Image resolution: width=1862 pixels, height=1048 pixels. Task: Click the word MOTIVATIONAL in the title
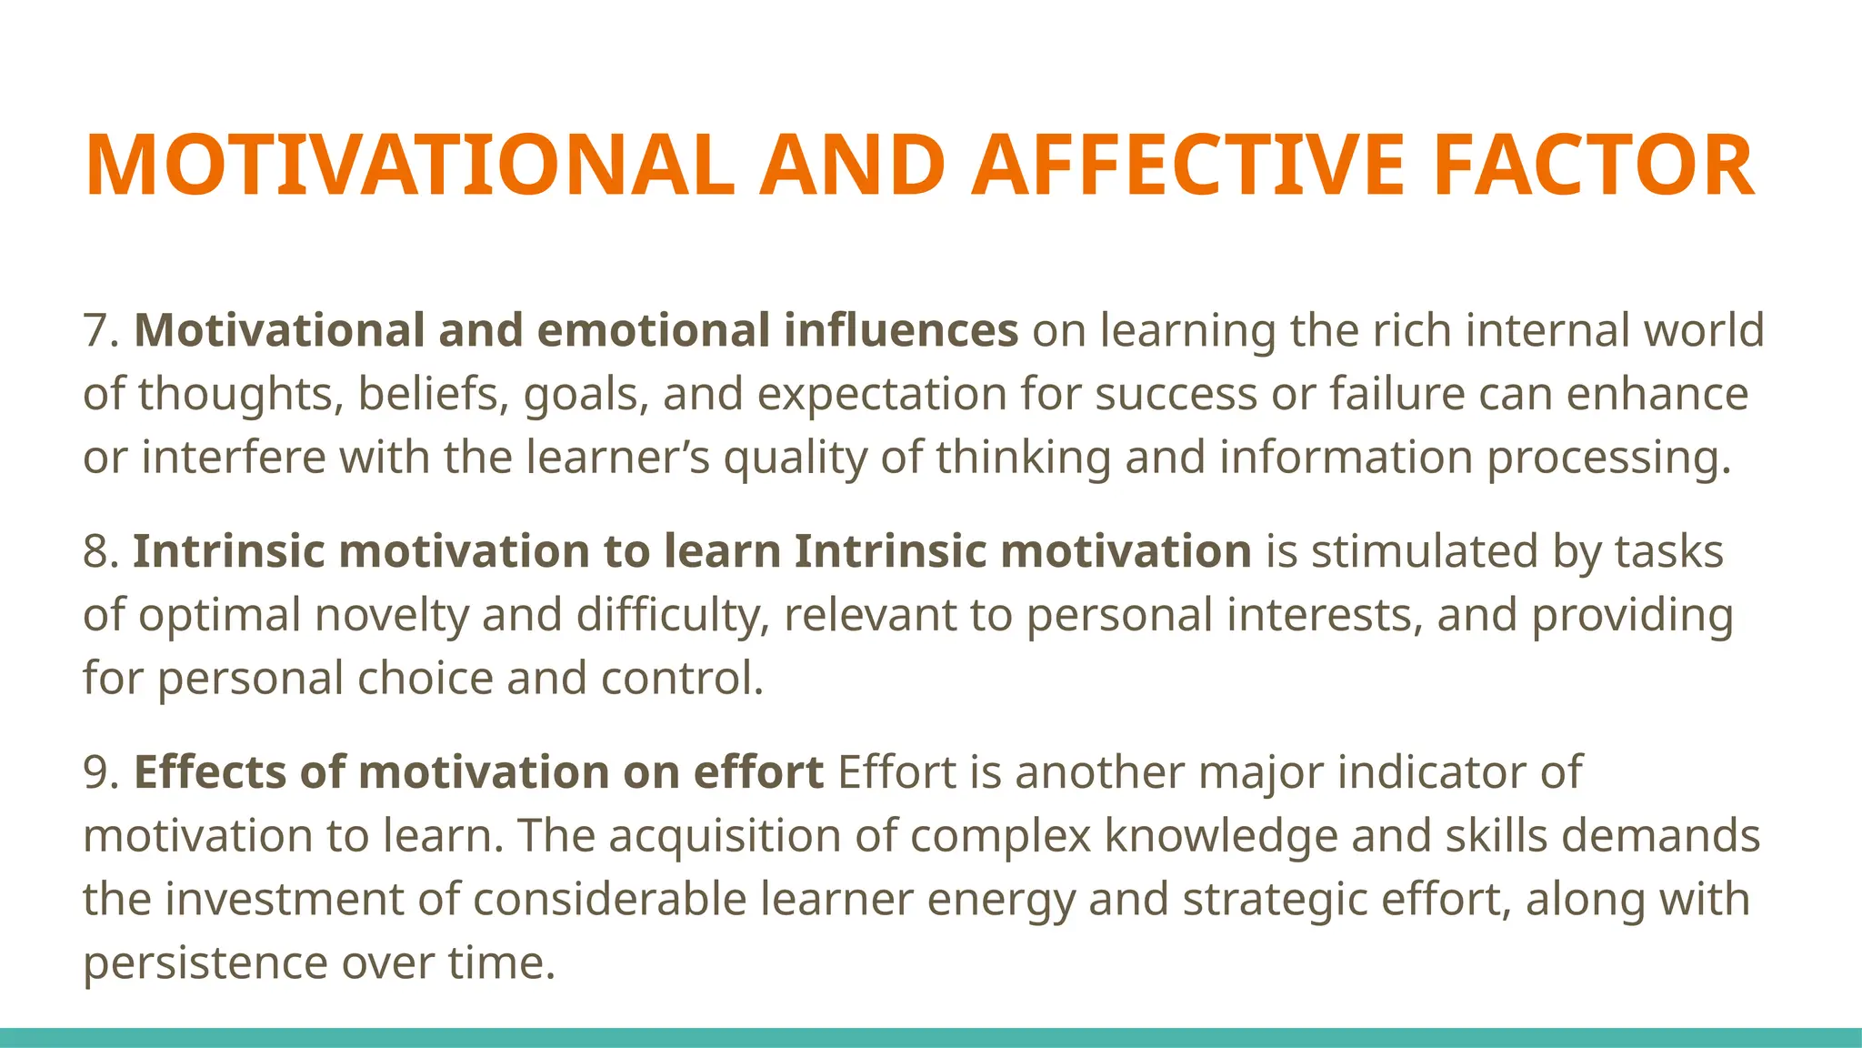click(x=409, y=166)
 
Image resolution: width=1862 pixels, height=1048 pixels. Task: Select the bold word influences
click(x=901, y=330)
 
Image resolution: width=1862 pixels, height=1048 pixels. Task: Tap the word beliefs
click(x=433, y=394)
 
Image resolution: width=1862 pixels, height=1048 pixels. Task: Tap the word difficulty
click(x=672, y=616)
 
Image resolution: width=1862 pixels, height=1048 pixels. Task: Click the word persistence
click(x=205, y=963)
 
